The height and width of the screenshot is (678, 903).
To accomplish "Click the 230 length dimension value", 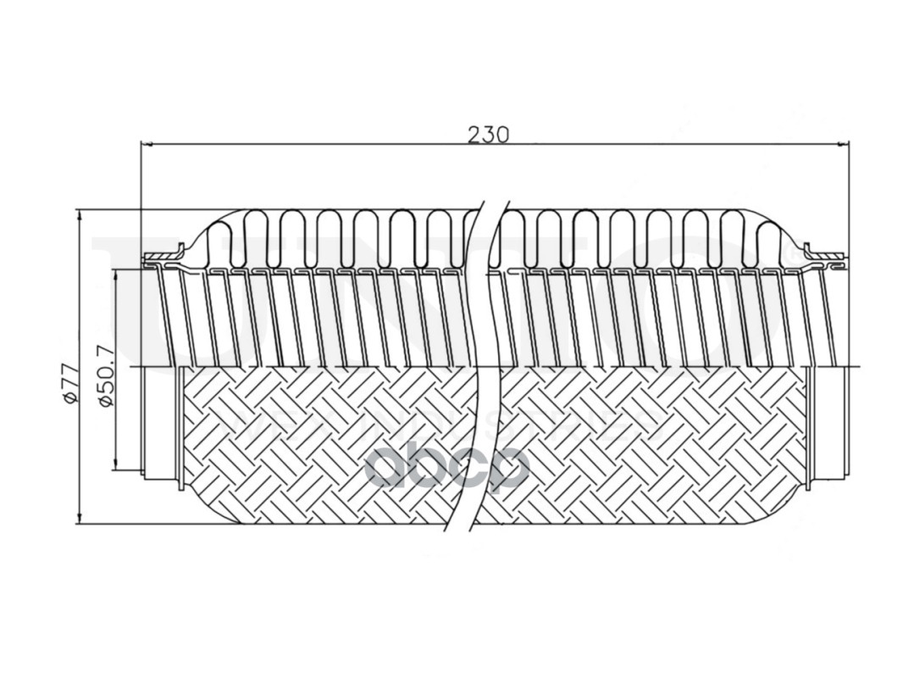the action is (x=488, y=134).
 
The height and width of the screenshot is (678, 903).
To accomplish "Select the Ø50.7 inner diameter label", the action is (x=107, y=378).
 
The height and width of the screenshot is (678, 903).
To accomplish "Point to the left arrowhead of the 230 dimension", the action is (x=146, y=145).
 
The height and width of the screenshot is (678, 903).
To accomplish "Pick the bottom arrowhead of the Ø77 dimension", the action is (x=80, y=518).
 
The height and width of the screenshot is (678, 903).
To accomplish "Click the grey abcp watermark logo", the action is (x=446, y=467).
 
